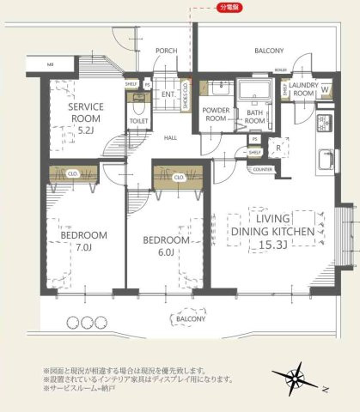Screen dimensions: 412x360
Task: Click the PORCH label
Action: pyautogui.click(x=166, y=51)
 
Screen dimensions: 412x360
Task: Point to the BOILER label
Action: pyautogui.click(x=280, y=71)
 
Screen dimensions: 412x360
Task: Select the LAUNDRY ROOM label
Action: pyautogui.click(x=303, y=89)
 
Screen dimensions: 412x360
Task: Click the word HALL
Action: pyautogui.click(x=171, y=137)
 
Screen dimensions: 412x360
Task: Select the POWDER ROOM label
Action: pyautogui.click(x=216, y=115)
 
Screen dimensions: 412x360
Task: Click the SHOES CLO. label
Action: pyautogui.click(x=186, y=98)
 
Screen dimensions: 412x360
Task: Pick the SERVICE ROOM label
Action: pyautogui.click(x=86, y=112)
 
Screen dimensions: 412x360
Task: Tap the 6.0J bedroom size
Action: pyautogui.click(x=165, y=252)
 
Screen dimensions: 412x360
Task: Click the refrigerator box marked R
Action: pyautogui.click(x=279, y=147)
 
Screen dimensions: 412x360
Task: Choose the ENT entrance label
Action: pyautogui.click(x=168, y=94)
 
